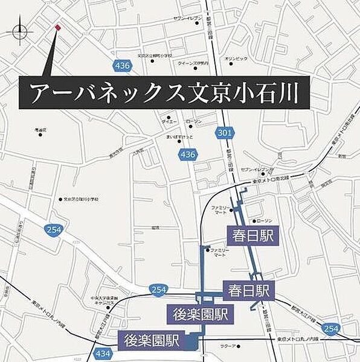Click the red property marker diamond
click(x=57, y=27)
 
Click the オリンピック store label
click(x=236, y=59)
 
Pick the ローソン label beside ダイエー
click(x=193, y=122)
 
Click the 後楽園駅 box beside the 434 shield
click(x=152, y=340)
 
